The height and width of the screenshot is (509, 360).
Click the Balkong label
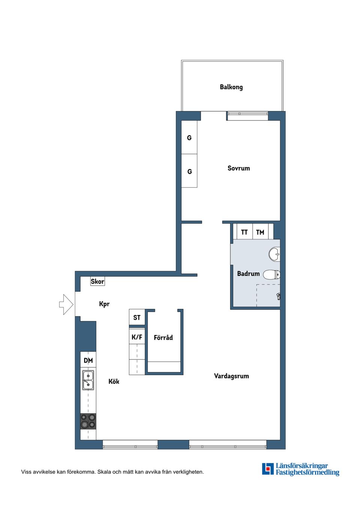pyautogui.click(x=231, y=87)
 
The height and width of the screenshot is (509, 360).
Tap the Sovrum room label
pyautogui.click(x=238, y=168)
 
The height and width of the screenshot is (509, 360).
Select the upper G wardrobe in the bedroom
pyautogui.click(x=189, y=138)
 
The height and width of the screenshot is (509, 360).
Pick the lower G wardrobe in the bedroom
pyautogui.click(x=189, y=171)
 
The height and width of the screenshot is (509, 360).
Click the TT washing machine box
pyautogui.click(x=244, y=232)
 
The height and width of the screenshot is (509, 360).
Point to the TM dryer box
pyautogui.click(x=260, y=232)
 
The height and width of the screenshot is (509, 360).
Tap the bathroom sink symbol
pyautogui.click(x=275, y=254)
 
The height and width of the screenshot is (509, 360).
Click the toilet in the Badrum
pyautogui.click(x=271, y=275)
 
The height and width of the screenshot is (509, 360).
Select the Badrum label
pyautogui.click(x=248, y=274)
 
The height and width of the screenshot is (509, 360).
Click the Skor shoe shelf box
pyautogui.click(x=97, y=281)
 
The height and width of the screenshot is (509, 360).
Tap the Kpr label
pyautogui.click(x=104, y=304)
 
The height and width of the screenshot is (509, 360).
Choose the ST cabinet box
pyautogui.click(x=137, y=317)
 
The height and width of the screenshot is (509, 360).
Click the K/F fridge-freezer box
pyautogui.click(x=137, y=337)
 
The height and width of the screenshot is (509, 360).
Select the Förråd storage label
pyautogui.click(x=163, y=338)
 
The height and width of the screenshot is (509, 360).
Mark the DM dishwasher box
pyautogui.click(x=88, y=360)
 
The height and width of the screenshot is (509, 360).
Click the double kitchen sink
pyautogui.click(x=88, y=380)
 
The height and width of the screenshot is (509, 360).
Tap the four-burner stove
pyautogui.click(x=88, y=421)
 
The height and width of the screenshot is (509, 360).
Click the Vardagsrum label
pyautogui.click(x=231, y=376)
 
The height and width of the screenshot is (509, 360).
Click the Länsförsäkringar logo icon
pyautogui.click(x=268, y=469)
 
